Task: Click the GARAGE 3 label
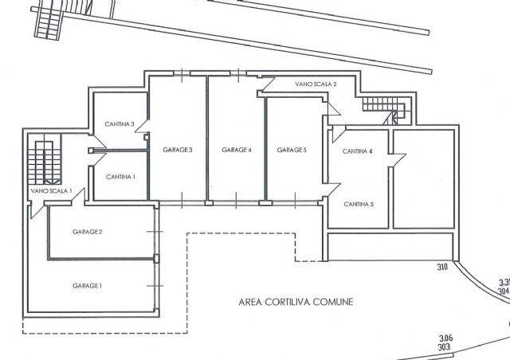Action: tap(178, 150)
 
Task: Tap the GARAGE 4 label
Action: tap(237, 150)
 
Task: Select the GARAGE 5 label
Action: tap(292, 150)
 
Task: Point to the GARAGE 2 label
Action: tap(88, 232)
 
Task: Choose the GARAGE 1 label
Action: tap(87, 286)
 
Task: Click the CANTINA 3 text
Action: tap(120, 124)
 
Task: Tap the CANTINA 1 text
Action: tap(120, 177)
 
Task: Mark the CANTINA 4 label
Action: tap(358, 151)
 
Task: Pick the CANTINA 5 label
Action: tap(359, 204)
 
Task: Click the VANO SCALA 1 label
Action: tap(51, 191)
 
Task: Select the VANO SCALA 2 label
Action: tap(316, 84)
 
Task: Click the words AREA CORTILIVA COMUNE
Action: tap(296, 302)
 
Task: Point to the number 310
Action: tap(442, 268)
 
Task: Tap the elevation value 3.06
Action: tap(446, 338)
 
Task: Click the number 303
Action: tap(444, 347)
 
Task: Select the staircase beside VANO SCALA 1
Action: tap(45, 162)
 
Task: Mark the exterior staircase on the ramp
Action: tap(48, 20)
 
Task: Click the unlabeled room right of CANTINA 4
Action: tap(424, 179)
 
